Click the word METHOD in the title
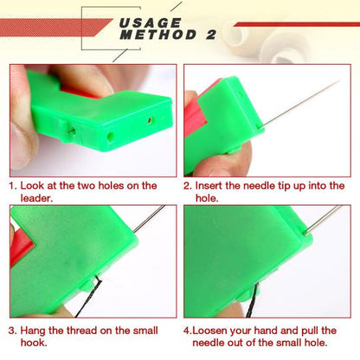[x=155, y=35]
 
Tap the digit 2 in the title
[x=210, y=35]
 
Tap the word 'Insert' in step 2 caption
[x=212, y=185]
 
